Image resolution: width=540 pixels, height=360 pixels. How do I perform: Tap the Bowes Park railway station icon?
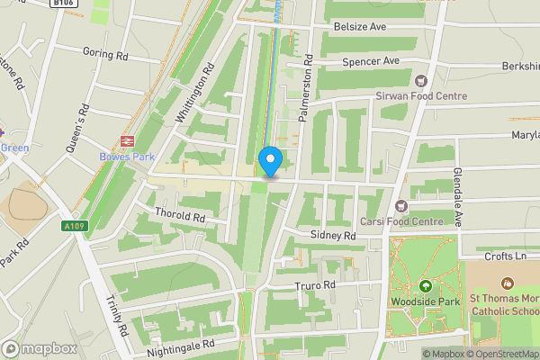(126, 139)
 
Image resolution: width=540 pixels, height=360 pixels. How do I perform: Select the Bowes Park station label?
(126, 157)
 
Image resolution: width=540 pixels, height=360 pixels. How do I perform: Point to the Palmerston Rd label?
(306, 90)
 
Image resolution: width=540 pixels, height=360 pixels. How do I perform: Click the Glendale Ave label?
(458, 198)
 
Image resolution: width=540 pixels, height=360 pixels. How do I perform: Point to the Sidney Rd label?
(333, 235)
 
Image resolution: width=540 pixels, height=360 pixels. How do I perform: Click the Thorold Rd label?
(181, 217)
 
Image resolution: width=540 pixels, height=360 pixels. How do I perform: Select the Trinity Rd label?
(116, 315)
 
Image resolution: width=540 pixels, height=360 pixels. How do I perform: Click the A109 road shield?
(76, 226)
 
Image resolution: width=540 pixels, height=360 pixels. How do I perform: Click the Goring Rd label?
(105, 53)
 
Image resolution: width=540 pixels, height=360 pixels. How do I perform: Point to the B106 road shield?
(61, 3)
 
